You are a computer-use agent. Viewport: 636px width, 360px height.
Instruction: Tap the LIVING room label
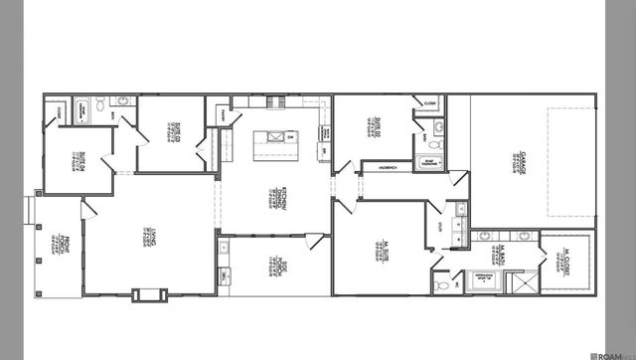(146, 238)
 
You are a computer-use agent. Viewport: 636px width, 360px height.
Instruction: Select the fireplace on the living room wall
(145, 293)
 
